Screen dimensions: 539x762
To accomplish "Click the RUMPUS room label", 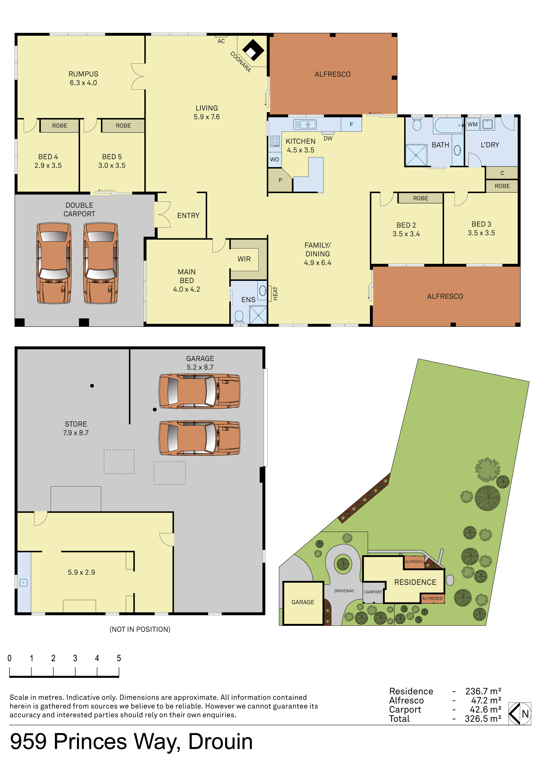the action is (x=83, y=74).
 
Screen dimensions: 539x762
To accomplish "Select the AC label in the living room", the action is (x=221, y=41).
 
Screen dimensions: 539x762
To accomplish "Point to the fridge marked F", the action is (x=351, y=124).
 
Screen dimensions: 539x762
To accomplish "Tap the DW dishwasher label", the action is (x=328, y=138).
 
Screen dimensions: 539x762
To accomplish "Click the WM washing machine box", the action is (x=472, y=124).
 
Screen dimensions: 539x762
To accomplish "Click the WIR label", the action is (x=244, y=259).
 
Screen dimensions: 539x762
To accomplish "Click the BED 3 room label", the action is (x=481, y=224).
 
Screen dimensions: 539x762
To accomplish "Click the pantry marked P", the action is (x=280, y=180).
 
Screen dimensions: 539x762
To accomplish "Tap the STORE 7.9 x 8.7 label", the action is (x=76, y=428).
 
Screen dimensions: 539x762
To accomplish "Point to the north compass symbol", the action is (x=520, y=714).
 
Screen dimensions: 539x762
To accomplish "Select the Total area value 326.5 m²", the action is (x=483, y=719).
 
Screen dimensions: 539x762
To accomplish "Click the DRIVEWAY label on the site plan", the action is (x=344, y=591).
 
